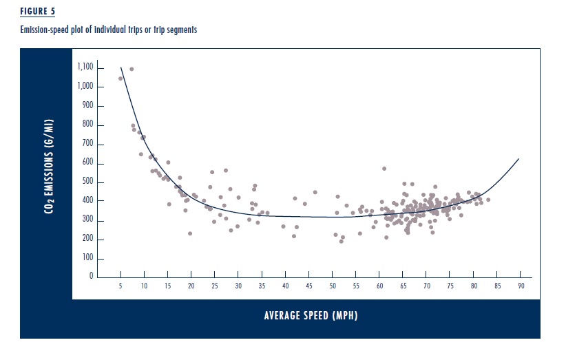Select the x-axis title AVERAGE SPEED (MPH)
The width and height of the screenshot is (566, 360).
click(311, 316)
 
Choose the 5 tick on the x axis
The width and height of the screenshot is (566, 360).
click(120, 285)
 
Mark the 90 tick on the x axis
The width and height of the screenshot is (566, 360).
click(521, 285)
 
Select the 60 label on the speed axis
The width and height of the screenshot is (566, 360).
click(379, 285)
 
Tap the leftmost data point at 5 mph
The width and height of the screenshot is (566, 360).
click(120, 78)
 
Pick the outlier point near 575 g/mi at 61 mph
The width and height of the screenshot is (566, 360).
click(384, 168)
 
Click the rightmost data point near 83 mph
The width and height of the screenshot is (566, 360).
click(488, 200)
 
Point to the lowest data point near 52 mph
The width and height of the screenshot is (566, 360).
click(341, 242)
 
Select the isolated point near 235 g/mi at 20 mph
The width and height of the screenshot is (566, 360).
click(190, 233)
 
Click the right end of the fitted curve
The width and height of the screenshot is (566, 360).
click(518, 159)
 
